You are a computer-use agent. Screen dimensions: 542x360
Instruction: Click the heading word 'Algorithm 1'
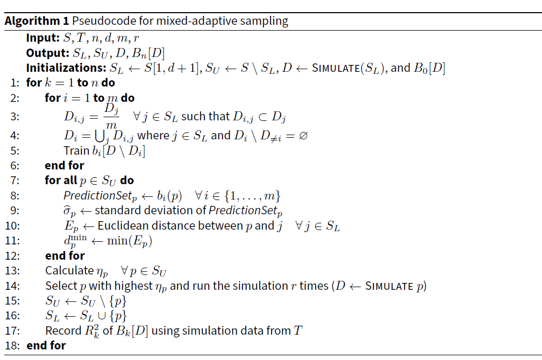pyautogui.click(x=36, y=22)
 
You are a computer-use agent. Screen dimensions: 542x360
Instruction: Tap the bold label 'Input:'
pyautogui.click(x=43, y=37)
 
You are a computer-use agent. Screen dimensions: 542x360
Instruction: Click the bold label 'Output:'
pyautogui.click(x=48, y=53)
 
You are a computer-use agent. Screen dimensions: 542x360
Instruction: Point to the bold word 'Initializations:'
pyautogui.click(x=66, y=68)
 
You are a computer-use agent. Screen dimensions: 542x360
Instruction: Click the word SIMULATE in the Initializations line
pyautogui.click(x=335, y=68)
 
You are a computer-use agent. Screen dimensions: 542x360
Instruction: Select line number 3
pyautogui.click(x=15, y=117)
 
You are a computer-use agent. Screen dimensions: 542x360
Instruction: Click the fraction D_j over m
pyautogui.click(x=111, y=117)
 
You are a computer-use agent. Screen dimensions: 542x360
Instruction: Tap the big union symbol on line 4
pyautogui.click(x=100, y=136)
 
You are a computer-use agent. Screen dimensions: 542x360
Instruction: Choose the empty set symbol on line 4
pyautogui.click(x=303, y=136)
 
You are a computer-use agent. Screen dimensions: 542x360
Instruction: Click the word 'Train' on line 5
pyautogui.click(x=77, y=150)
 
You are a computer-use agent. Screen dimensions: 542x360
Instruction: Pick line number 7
pyautogui.click(x=15, y=181)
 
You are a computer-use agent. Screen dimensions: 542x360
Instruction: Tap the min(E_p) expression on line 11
pyautogui.click(x=129, y=241)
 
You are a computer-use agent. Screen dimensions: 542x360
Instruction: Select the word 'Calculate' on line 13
pyautogui.click(x=70, y=270)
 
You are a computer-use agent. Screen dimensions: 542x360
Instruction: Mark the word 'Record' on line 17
pyautogui.click(x=63, y=330)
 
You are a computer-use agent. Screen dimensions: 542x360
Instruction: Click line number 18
pyautogui.click(x=13, y=346)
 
